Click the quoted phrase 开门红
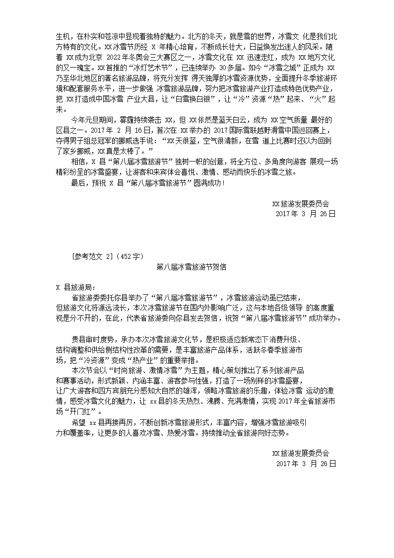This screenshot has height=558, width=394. (81, 412)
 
